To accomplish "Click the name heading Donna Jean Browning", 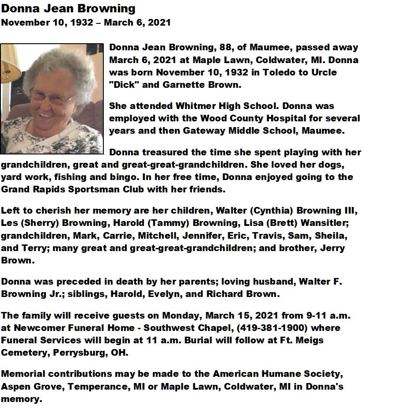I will click(68, 8).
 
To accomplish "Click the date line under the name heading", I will click(86, 23).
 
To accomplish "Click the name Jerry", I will click(333, 248).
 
